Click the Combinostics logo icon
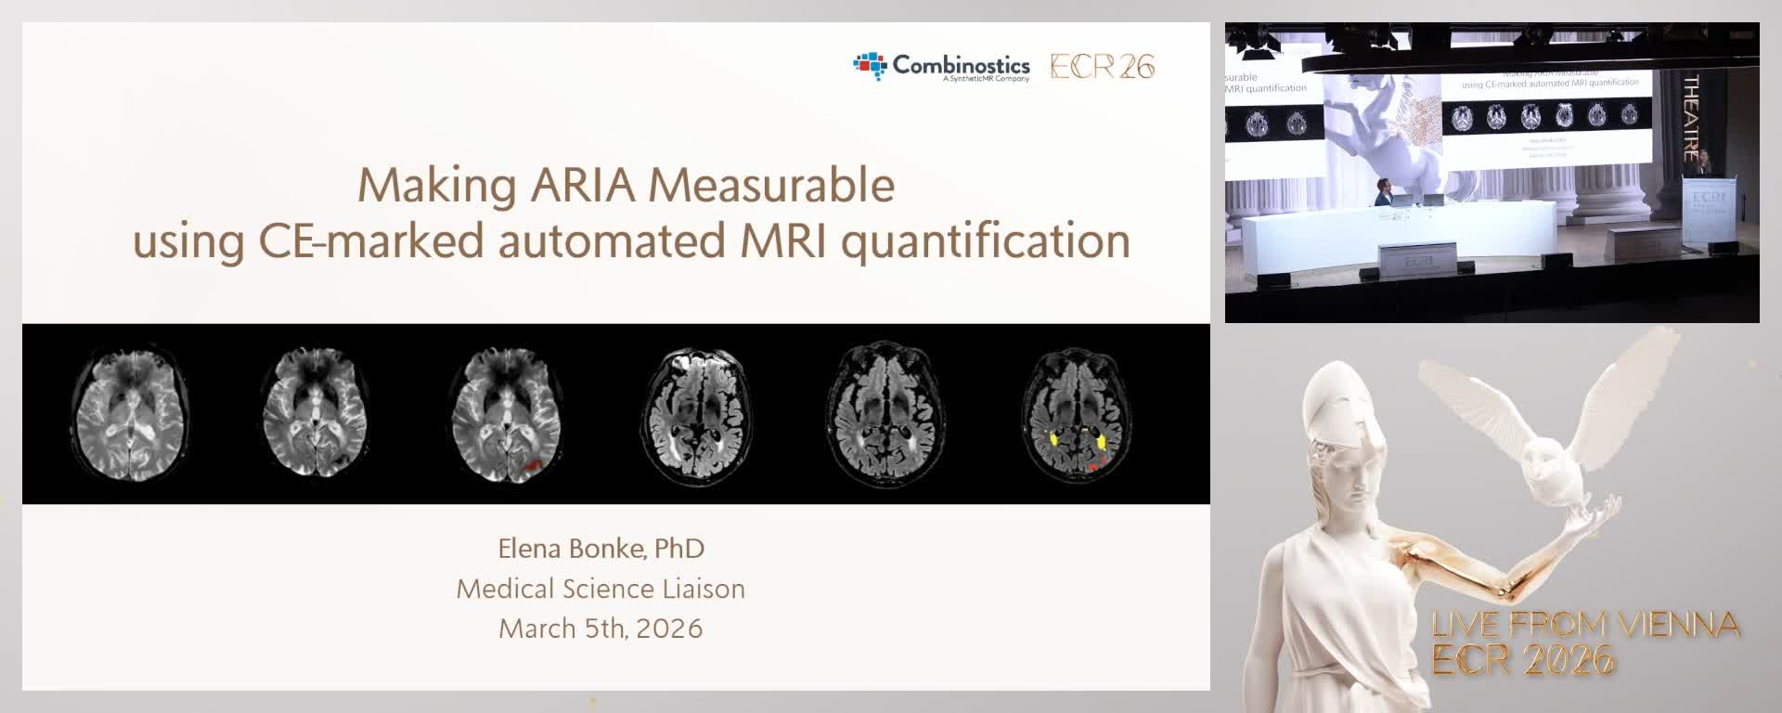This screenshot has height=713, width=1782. [x=870, y=65]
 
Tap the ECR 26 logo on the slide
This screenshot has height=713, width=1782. [x=1102, y=66]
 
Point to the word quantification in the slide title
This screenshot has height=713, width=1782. [x=985, y=240]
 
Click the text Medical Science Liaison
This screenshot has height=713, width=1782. [x=600, y=589]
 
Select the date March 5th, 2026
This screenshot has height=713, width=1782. [x=600, y=629]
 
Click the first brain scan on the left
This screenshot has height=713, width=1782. [x=131, y=414]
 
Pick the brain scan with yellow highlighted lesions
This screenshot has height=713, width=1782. [x=1076, y=414]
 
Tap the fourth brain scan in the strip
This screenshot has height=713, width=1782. [x=695, y=414]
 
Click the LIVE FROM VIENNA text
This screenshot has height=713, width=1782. [x=1585, y=624]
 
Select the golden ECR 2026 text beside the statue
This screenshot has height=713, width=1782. [x=1523, y=660]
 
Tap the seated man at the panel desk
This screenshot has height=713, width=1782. [x=1384, y=192]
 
